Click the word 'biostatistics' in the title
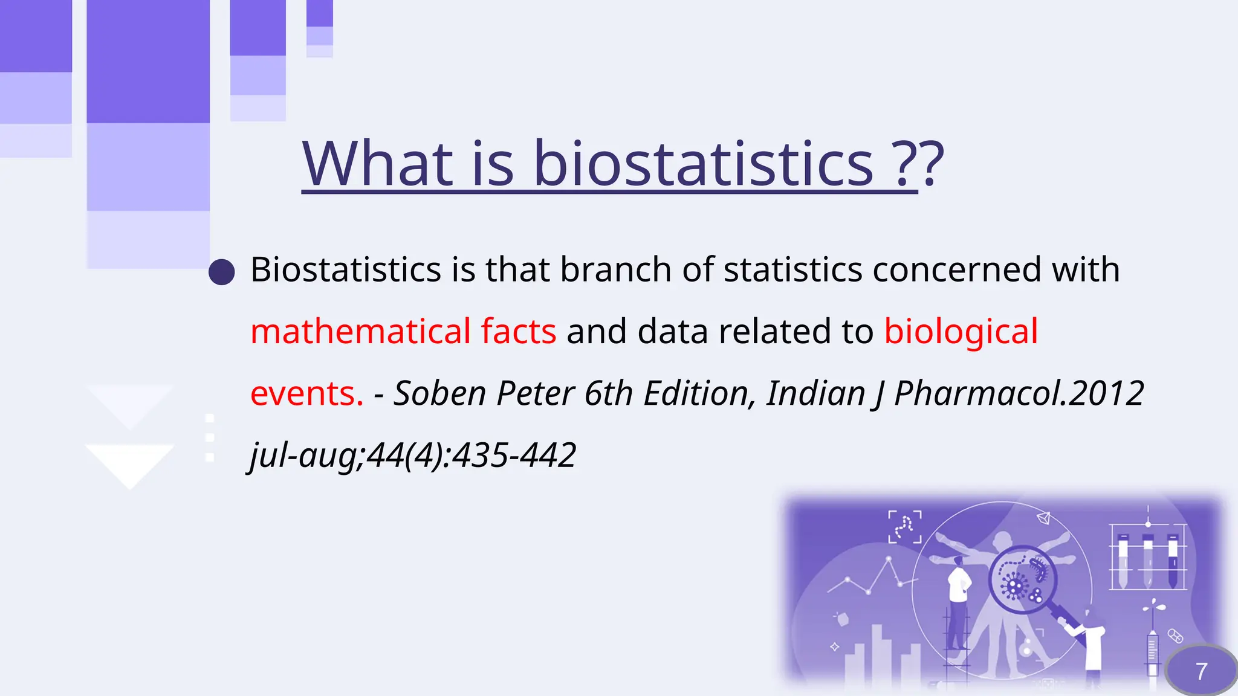coord(703,164)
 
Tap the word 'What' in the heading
coord(377,164)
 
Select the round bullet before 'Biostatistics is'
coord(222,272)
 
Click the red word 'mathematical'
coord(360,331)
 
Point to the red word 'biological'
coord(961,331)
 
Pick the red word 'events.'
coord(306,393)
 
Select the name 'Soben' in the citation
coord(439,393)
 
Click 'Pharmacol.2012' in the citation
coord(1019,393)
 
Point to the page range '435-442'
coord(514,455)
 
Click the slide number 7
coord(1201,671)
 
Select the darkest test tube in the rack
coord(1173,562)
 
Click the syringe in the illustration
coord(1152,652)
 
